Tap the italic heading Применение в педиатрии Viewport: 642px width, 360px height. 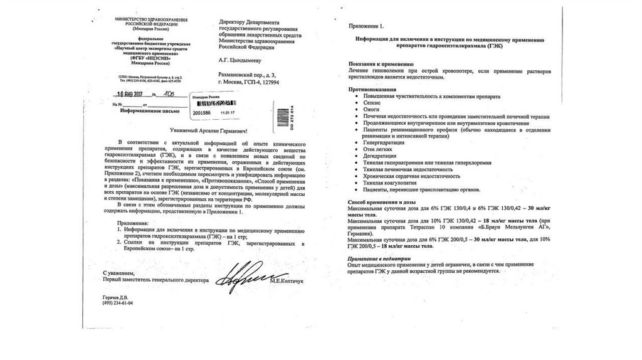[x=384, y=258]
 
